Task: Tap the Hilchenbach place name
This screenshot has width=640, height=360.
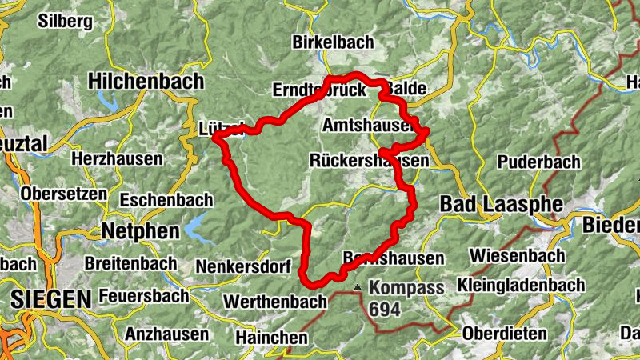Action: click(146, 82)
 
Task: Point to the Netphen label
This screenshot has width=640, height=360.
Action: click(134, 231)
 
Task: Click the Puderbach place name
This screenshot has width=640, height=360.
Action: click(538, 162)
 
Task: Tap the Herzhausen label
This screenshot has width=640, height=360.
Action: click(117, 158)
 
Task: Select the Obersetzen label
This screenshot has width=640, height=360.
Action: click(63, 194)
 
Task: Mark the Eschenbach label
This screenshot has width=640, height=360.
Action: click(166, 199)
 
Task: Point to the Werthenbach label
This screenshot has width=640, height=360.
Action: click(276, 302)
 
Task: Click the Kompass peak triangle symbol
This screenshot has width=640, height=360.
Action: click(358, 286)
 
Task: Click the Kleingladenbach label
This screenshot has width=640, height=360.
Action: click(521, 284)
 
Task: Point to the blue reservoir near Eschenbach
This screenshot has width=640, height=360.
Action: click(195, 230)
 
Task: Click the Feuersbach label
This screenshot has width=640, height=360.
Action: click(138, 296)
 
